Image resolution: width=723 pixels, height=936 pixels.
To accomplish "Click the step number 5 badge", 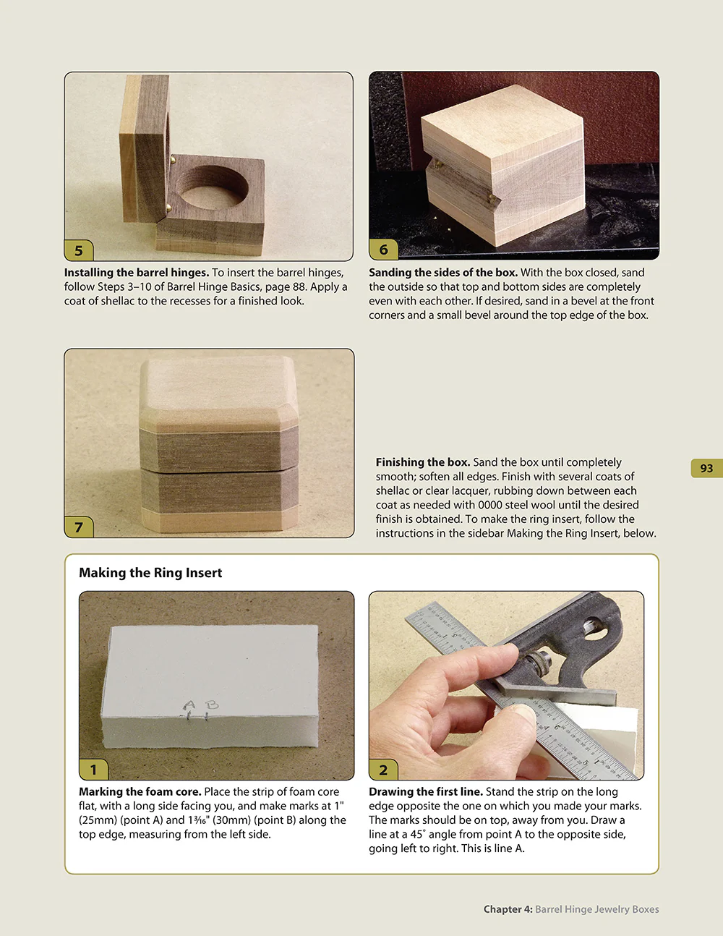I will tap(79, 250).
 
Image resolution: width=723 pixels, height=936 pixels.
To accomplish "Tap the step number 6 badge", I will tap(383, 250).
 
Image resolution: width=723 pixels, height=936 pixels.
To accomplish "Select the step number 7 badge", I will tap(79, 527).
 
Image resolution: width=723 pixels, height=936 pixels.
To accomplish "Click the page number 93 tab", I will tap(706, 468).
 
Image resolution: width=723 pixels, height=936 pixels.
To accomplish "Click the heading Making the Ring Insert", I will tap(150, 573).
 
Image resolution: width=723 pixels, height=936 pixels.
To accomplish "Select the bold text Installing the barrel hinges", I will tap(137, 273).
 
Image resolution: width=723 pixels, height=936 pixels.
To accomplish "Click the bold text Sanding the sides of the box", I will tap(442, 273).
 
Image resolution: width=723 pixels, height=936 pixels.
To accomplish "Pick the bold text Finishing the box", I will tap(422, 462).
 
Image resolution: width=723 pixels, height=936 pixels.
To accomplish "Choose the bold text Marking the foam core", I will tap(140, 792).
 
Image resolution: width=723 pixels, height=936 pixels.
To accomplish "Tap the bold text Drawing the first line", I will tap(425, 792).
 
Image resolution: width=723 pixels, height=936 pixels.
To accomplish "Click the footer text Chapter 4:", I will tap(508, 909).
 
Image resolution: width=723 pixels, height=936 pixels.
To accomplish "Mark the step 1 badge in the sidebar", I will tap(93, 770).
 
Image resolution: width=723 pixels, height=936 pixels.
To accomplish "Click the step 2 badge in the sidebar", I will tap(383, 770).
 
